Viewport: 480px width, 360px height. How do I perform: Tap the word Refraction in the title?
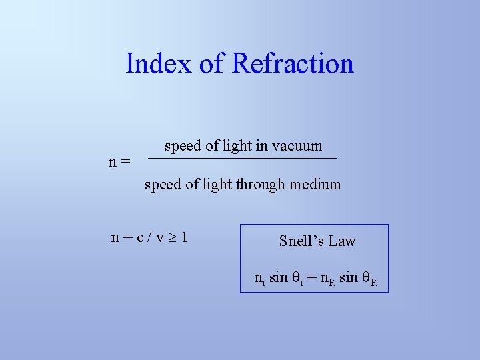(x=293, y=64)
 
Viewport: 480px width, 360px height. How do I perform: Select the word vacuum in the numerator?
(x=297, y=146)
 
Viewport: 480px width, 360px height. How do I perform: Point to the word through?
(x=260, y=185)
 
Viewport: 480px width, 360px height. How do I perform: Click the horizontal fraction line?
(x=242, y=158)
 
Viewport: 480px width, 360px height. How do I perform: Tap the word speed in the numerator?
(x=181, y=146)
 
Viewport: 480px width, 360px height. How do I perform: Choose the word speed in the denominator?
(x=162, y=185)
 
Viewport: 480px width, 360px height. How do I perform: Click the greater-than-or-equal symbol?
(x=171, y=237)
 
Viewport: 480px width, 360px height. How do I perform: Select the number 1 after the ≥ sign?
(x=183, y=236)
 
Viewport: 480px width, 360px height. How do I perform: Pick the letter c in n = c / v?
(x=140, y=237)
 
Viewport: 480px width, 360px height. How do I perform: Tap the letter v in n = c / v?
(x=159, y=237)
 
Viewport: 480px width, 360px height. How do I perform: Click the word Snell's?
(x=301, y=241)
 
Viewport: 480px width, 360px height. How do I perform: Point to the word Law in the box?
(x=342, y=241)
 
